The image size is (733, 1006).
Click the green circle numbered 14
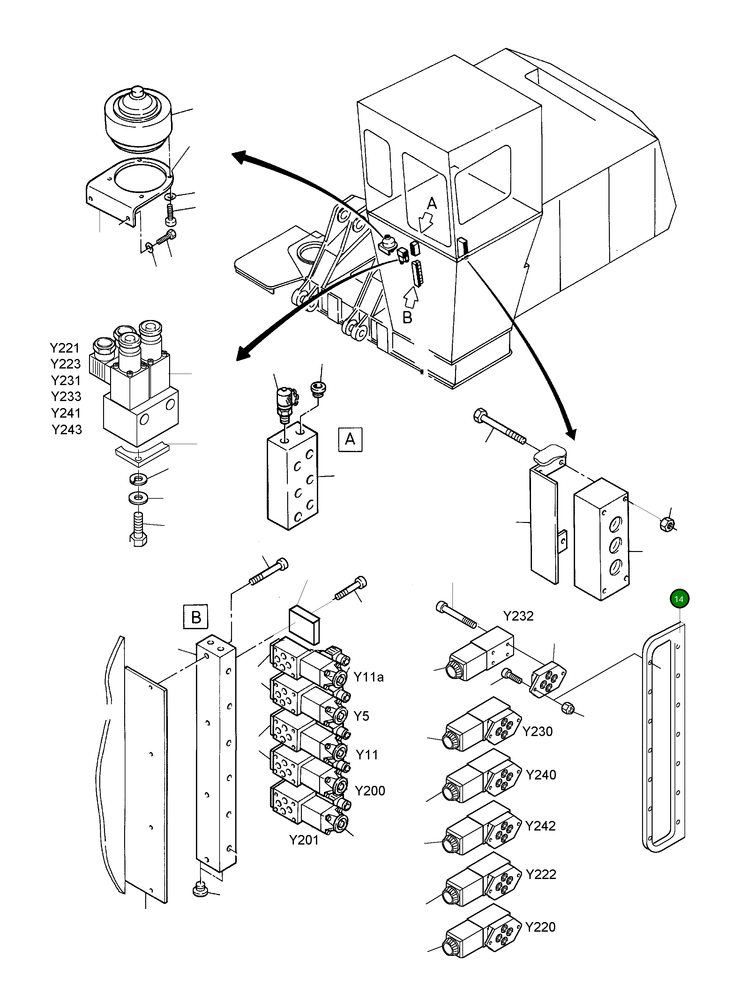pyautogui.click(x=678, y=599)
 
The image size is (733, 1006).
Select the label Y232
pyautogui.click(x=518, y=616)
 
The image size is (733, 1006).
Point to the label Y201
pyautogui.click(x=303, y=840)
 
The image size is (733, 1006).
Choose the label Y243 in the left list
pyautogui.click(x=67, y=429)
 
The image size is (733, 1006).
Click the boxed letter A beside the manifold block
pyautogui.click(x=350, y=440)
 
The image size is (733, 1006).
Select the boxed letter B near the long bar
pyautogui.click(x=196, y=617)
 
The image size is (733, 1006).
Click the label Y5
pyautogui.click(x=361, y=716)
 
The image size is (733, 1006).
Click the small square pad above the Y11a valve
pyautogui.click(x=304, y=625)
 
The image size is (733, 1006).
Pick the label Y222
pyautogui.click(x=541, y=874)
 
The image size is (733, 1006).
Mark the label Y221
pyautogui.click(x=65, y=348)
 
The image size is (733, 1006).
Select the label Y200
pyautogui.click(x=370, y=790)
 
